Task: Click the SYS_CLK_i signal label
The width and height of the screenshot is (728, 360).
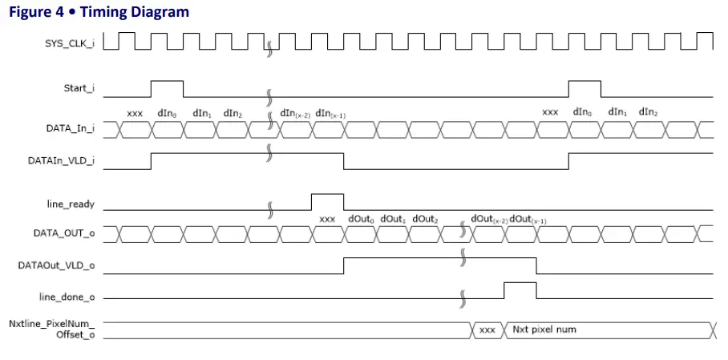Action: click(69, 42)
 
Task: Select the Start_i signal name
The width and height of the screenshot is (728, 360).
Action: click(79, 88)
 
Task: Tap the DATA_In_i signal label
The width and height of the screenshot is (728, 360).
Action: click(71, 128)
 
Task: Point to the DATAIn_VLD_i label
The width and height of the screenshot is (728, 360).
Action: click(61, 160)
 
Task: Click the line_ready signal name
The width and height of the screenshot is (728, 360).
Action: click(71, 204)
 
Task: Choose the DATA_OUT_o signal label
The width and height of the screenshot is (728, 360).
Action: click(66, 233)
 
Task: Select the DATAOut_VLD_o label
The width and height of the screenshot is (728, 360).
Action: click(58, 265)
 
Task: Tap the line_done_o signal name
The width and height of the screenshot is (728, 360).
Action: click(67, 297)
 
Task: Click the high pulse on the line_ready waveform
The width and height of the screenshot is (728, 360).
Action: click(327, 200)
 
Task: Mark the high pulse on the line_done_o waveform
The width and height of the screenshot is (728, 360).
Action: click(520, 289)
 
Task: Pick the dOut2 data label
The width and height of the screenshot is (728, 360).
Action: click(425, 219)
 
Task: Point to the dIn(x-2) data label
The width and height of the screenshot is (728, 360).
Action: click(295, 114)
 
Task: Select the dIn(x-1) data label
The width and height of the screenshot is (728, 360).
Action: click(331, 114)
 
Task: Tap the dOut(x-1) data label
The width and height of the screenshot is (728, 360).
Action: click(528, 219)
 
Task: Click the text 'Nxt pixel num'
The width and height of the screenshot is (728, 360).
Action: click(544, 330)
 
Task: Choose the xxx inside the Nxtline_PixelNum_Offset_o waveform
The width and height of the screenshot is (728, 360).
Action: click(487, 330)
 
